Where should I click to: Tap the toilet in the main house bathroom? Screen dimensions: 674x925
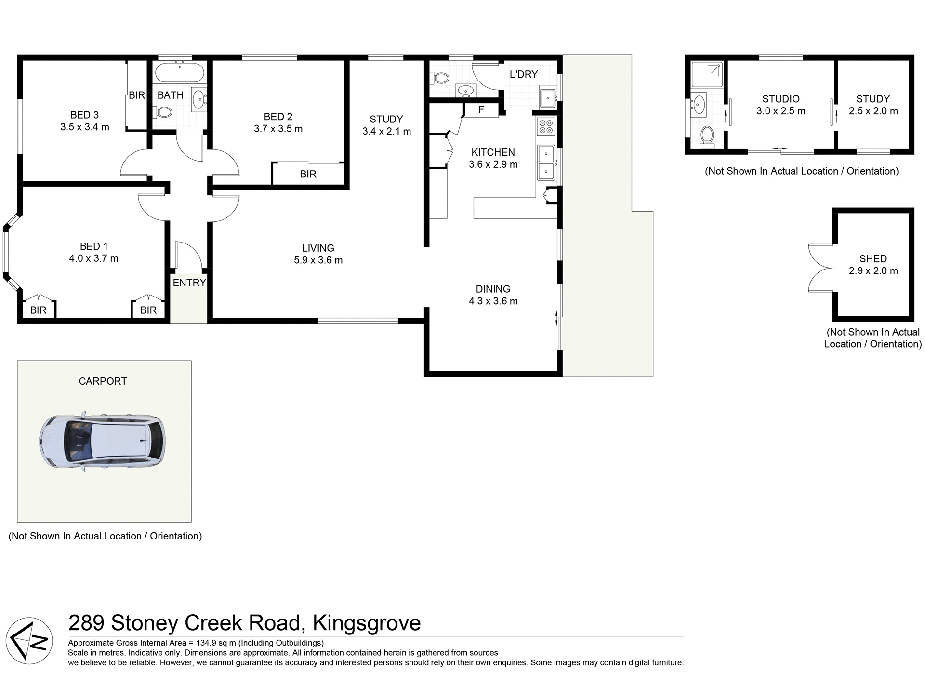163,113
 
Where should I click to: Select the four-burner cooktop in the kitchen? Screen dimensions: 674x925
546,126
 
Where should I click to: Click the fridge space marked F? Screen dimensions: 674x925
481,110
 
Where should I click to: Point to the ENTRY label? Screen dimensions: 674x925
189,283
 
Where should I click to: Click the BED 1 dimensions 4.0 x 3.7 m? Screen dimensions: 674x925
93,258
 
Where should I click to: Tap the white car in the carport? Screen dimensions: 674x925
102,441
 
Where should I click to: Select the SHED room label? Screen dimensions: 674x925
872,259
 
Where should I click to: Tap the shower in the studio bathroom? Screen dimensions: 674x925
707,74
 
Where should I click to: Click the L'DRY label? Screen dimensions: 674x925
523,74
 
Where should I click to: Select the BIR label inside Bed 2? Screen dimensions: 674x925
308,174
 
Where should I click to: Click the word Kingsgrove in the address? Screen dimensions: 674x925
367,623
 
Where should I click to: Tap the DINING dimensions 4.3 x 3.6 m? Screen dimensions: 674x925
493,301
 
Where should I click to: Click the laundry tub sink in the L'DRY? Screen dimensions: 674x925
547,97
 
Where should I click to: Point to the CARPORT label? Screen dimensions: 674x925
103,381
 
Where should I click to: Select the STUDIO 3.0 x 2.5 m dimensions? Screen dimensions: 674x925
780,111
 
